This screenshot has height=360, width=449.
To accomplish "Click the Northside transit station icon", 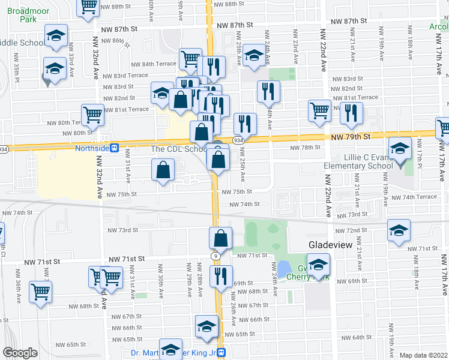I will click(113, 148).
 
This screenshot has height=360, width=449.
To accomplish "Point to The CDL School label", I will click(179, 149).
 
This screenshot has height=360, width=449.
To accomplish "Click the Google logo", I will click(20, 353).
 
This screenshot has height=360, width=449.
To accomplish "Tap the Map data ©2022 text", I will click(424, 355).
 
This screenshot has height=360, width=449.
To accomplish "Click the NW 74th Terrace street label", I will click(414, 197).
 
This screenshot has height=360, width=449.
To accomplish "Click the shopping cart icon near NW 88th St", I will click(89, 7).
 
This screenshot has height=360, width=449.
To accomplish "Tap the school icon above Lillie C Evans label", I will click(400, 148).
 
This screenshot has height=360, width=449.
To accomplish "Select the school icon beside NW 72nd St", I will click(399, 231).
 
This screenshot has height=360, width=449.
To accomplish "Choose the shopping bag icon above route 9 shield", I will click(221, 238).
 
